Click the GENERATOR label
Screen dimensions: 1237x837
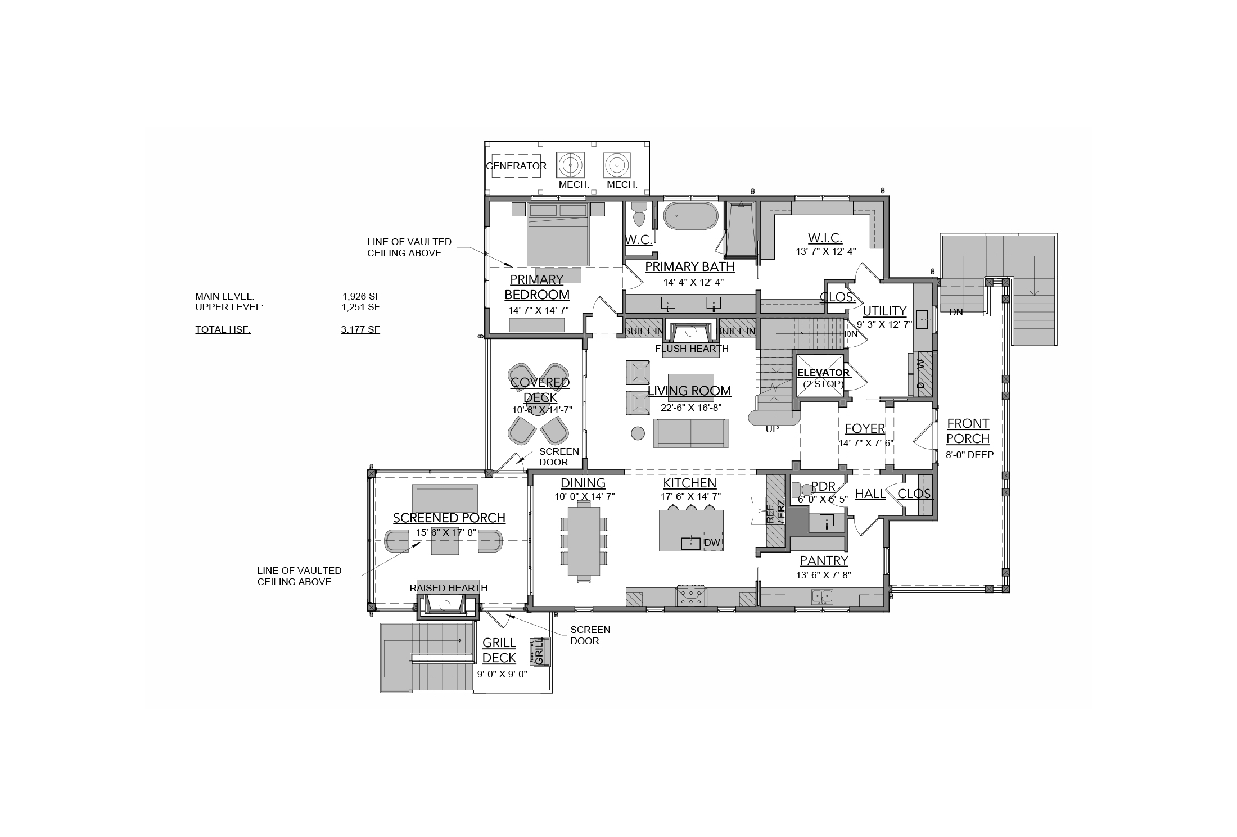[516, 166]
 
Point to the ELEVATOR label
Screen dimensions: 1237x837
[823, 373]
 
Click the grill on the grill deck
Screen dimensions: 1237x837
[538, 651]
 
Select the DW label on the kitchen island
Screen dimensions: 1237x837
[712, 542]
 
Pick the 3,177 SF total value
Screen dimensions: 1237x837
[360, 329]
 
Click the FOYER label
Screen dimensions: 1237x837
[865, 429]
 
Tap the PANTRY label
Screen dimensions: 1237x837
[824, 560]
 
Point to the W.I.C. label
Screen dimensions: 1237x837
[825, 238]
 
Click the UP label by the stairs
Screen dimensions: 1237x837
[773, 429]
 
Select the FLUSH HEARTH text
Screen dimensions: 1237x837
[692, 349]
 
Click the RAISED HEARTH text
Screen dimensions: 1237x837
[449, 588]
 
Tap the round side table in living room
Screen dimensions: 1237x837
[638, 433]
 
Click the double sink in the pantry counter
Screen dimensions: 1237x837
[822, 596]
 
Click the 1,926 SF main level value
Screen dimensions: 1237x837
[361, 296]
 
